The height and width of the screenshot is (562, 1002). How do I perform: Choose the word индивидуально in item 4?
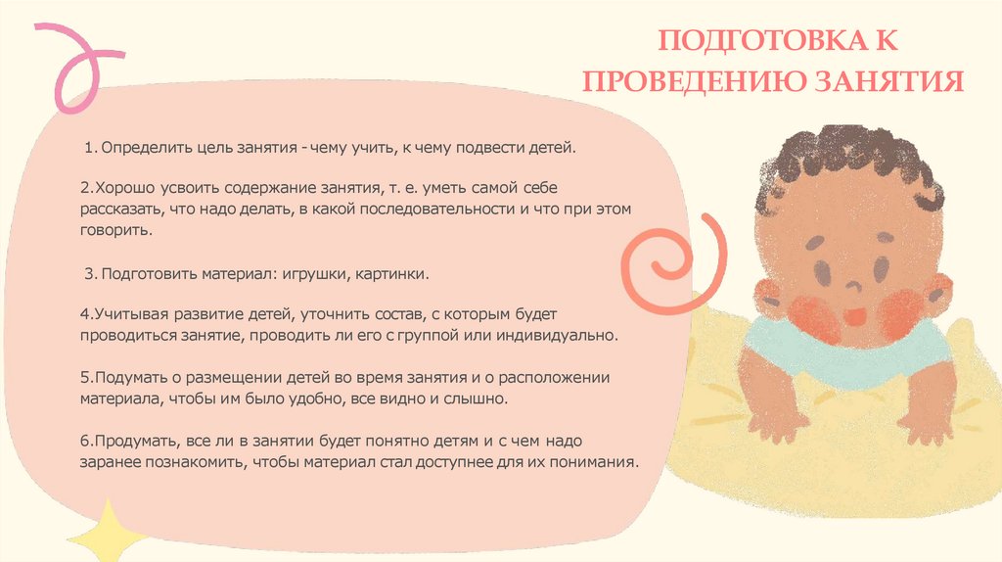[x=568, y=336]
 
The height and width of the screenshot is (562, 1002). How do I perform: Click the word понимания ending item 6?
[x=598, y=462]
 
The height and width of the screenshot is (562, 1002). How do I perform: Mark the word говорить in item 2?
[x=114, y=229]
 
